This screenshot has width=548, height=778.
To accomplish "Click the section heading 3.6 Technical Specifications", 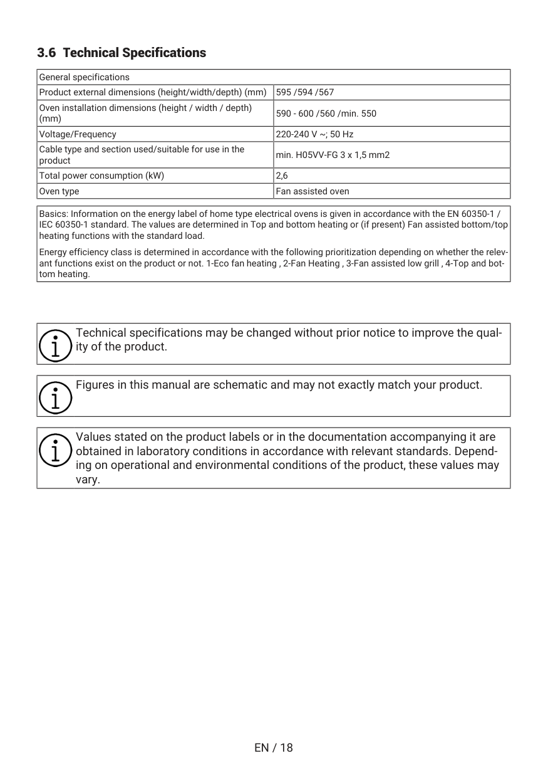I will (121, 53).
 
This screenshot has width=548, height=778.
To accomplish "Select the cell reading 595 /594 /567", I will (305, 93).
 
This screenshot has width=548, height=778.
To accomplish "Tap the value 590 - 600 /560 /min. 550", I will (326, 113).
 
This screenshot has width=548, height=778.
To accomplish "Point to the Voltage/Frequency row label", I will (78, 134).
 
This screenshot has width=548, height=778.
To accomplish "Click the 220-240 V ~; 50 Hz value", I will (314, 134).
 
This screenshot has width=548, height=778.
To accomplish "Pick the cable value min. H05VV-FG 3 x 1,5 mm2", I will (333, 155).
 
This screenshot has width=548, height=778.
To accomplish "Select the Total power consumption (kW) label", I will (101, 176).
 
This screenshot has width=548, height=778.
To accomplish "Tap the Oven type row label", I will (59, 191).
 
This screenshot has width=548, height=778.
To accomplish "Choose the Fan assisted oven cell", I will (313, 191).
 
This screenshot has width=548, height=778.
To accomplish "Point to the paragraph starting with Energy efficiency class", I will (273, 263).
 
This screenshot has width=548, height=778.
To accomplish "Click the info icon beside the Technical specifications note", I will (55, 344).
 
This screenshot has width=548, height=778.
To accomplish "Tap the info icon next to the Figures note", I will (55, 396).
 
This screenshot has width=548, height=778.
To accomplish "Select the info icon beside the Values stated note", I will (55, 448).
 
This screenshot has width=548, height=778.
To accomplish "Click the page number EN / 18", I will (274, 747).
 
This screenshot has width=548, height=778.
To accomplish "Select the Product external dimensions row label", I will (153, 93).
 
